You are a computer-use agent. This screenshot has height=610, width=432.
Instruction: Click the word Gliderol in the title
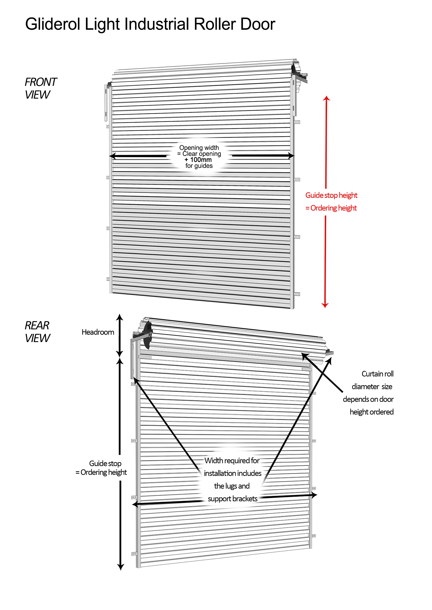coord(52,24)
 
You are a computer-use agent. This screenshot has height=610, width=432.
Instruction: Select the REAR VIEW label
coord(37,332)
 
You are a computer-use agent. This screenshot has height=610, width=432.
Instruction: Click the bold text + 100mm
coord(198,160)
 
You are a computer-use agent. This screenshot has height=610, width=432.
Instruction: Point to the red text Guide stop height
coord(331,195)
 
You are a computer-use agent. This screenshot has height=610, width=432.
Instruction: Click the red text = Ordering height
coord(331,208)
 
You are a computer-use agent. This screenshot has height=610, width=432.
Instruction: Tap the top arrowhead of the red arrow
coord(326,98)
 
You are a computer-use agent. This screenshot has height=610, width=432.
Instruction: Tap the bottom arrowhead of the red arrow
coord(325,306)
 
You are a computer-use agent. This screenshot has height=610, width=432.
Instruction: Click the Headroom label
coord(98,332)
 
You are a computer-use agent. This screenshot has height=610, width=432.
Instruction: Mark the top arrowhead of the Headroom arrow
coord(120,317)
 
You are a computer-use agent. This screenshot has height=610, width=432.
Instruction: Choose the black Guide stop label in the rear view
coord(105,463)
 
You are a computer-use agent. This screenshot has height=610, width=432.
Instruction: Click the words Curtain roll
coord(377,374)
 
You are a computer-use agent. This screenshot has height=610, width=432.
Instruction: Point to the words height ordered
coord(371,412)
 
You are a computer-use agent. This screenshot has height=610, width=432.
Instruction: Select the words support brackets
coord(232,499)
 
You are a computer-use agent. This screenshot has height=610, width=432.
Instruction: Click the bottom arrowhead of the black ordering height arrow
coord(120,567)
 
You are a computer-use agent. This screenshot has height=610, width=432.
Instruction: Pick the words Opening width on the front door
coord(199,148)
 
